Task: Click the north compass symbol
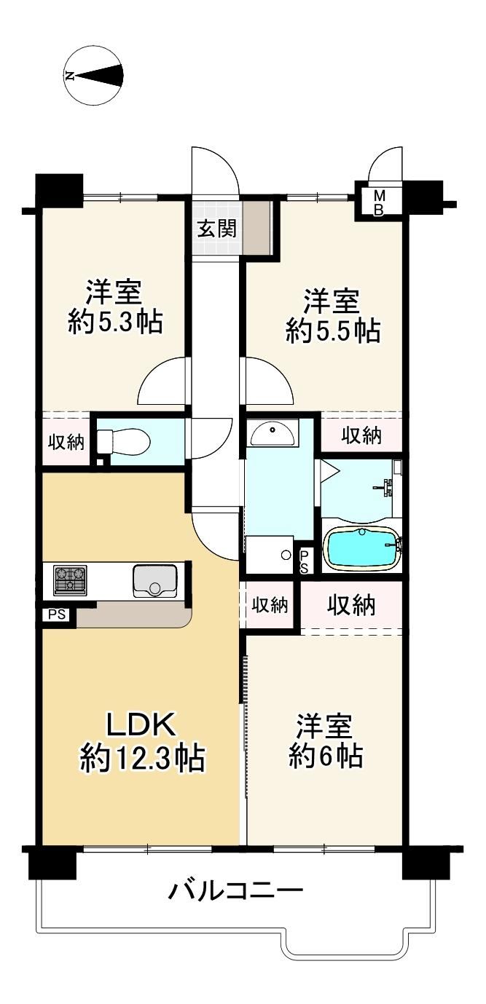(x=93, y=76)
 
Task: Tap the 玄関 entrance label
(x=217, y=229)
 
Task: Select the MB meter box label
(x=379, y=203)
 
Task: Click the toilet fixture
(x=123, y=441)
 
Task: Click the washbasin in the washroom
(x=273, y=432)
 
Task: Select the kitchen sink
(x=154, y=581)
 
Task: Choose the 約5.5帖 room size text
(x=334, y=331)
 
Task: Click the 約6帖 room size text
(x=326, y=756)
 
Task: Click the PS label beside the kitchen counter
(x=58, y=614)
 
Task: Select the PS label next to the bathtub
(x=304, y=562)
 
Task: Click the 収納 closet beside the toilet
(x=66, y=443)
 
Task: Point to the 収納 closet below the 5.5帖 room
(x=361, y=435)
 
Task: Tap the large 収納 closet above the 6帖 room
(x=351, y=606)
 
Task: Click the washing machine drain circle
(x=286, y=555)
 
